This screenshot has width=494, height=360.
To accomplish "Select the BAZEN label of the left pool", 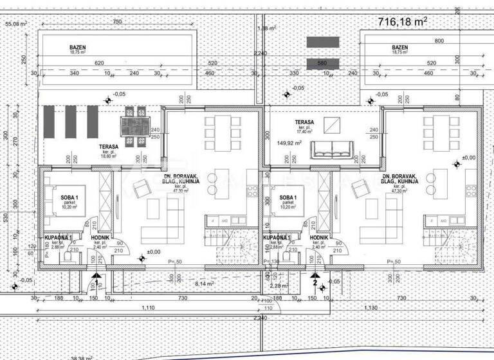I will [78, 48].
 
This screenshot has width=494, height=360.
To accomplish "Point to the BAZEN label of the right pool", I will [400, 48].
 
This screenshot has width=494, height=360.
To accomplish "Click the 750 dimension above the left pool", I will [116, 21].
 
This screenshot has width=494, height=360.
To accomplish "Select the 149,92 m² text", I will [289, 143].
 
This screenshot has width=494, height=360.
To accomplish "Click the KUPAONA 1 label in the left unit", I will [59, 237].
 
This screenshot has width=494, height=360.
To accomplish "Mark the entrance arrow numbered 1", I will [96, 280].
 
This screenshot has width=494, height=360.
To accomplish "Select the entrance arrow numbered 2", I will [315, 280].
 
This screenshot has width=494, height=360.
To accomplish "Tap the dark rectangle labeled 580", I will [323, 63].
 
